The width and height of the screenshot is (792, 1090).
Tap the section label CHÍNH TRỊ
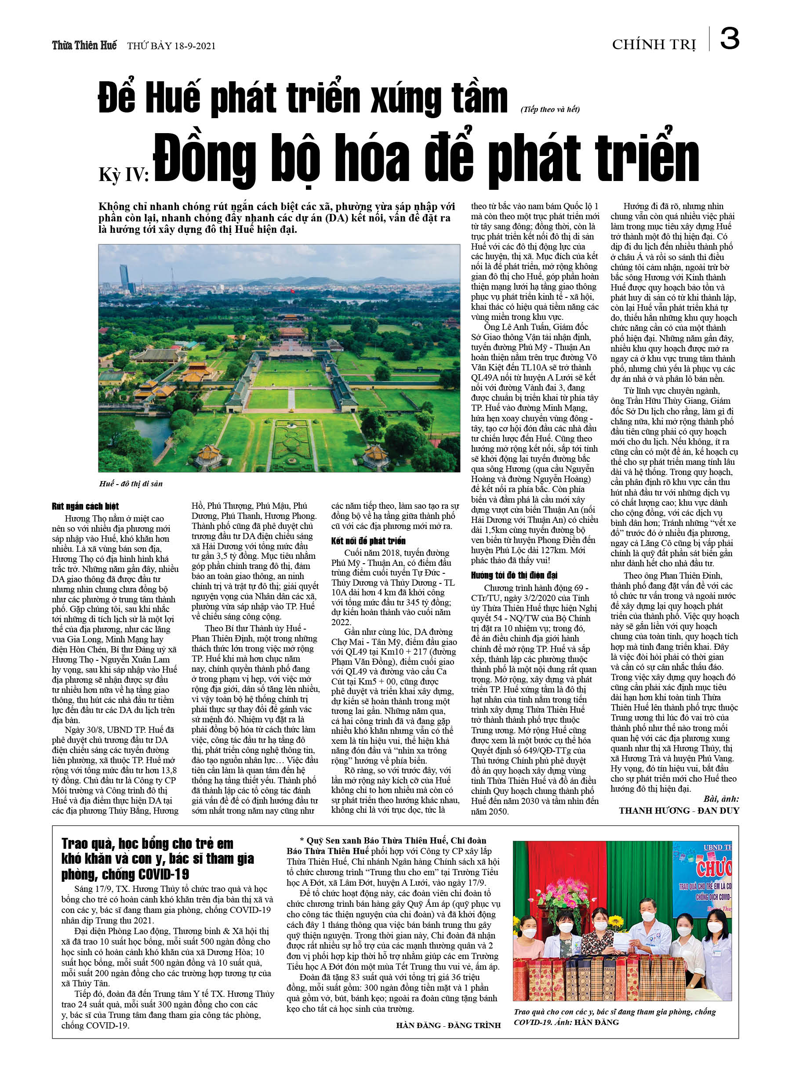(x=654, y=45)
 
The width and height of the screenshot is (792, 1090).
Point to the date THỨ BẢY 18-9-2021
(x=171, y=46)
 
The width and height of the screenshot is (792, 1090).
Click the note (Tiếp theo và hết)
(x=550, y=109)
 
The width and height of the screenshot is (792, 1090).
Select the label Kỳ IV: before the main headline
(x=124, y=174)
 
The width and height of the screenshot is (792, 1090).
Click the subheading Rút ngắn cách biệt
(x=85, y=506)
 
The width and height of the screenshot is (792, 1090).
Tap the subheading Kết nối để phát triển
(x=368, y=541)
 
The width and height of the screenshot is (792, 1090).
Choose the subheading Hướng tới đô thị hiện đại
(x=514, y=575)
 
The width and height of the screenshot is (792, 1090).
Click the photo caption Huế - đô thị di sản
(x=131, y=483)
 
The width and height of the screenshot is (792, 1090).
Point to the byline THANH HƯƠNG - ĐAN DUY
(x=679, y=810)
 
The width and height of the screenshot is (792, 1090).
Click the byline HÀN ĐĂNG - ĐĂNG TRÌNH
(x=448, y=1025)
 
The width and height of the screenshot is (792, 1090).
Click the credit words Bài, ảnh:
(x=721, y=799)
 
